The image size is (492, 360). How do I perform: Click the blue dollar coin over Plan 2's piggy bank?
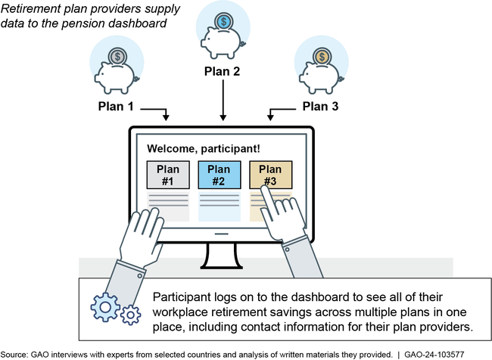click(x=223, y=22)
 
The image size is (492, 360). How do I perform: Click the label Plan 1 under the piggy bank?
click(x=115, y=107)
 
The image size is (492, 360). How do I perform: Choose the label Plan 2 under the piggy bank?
click(x=223, y=73)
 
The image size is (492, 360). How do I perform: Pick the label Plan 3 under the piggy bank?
click(x=322, y=107)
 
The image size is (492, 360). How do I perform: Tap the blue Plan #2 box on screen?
click(x=218, y=175)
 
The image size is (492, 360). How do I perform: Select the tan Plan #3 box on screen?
click(x=270, y=175)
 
